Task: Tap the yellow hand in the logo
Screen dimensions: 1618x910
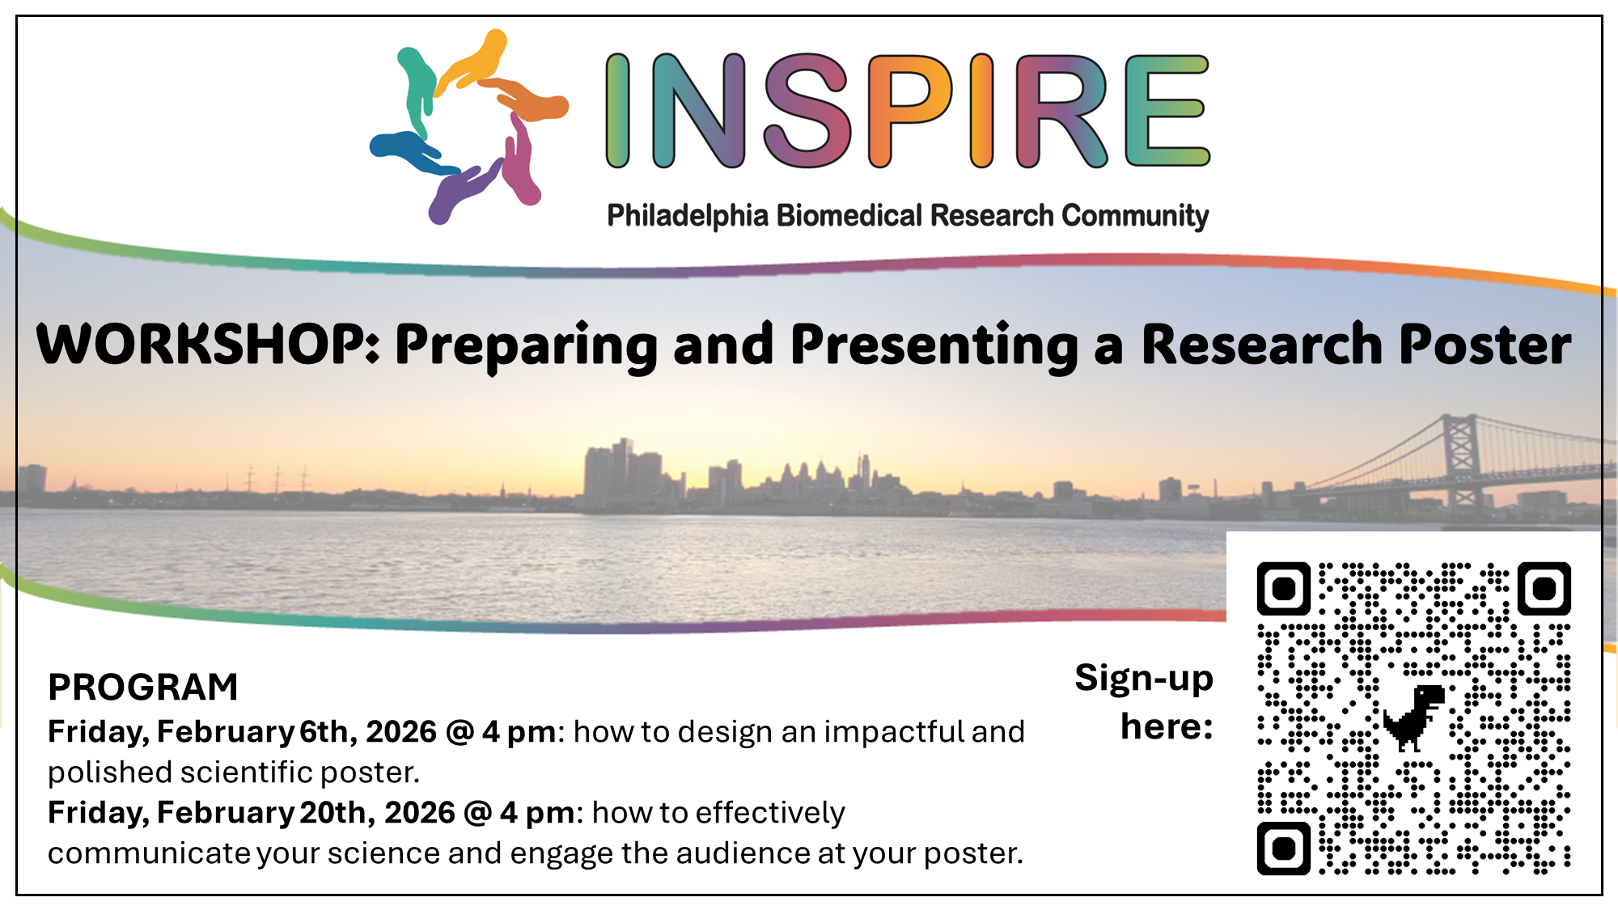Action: point(472,61)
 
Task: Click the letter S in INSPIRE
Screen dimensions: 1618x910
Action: point(807,111)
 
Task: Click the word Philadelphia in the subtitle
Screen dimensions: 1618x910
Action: point(688,216)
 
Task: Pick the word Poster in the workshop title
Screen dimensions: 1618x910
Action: point(1485,345)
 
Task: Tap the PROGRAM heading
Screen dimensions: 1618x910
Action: point(143,688)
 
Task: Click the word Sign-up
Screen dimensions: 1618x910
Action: point(1144,679)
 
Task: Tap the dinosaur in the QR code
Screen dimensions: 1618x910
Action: point(1414,717)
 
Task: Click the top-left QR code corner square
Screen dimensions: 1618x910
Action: point(1284,588)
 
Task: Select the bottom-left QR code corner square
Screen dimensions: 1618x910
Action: point(1284,849)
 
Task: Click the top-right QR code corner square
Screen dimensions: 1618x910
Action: point(1544,588)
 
